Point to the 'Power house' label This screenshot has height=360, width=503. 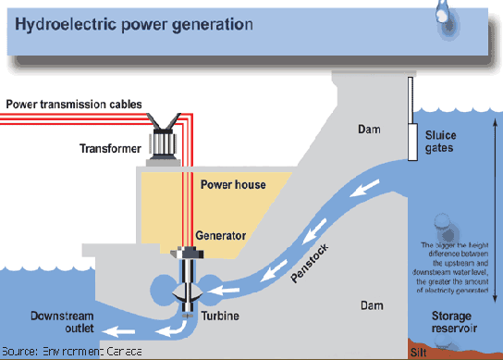tap(232, 184)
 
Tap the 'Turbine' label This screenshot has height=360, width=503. tap(220, 316)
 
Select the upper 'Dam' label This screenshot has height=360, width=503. tap(369, 130)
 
